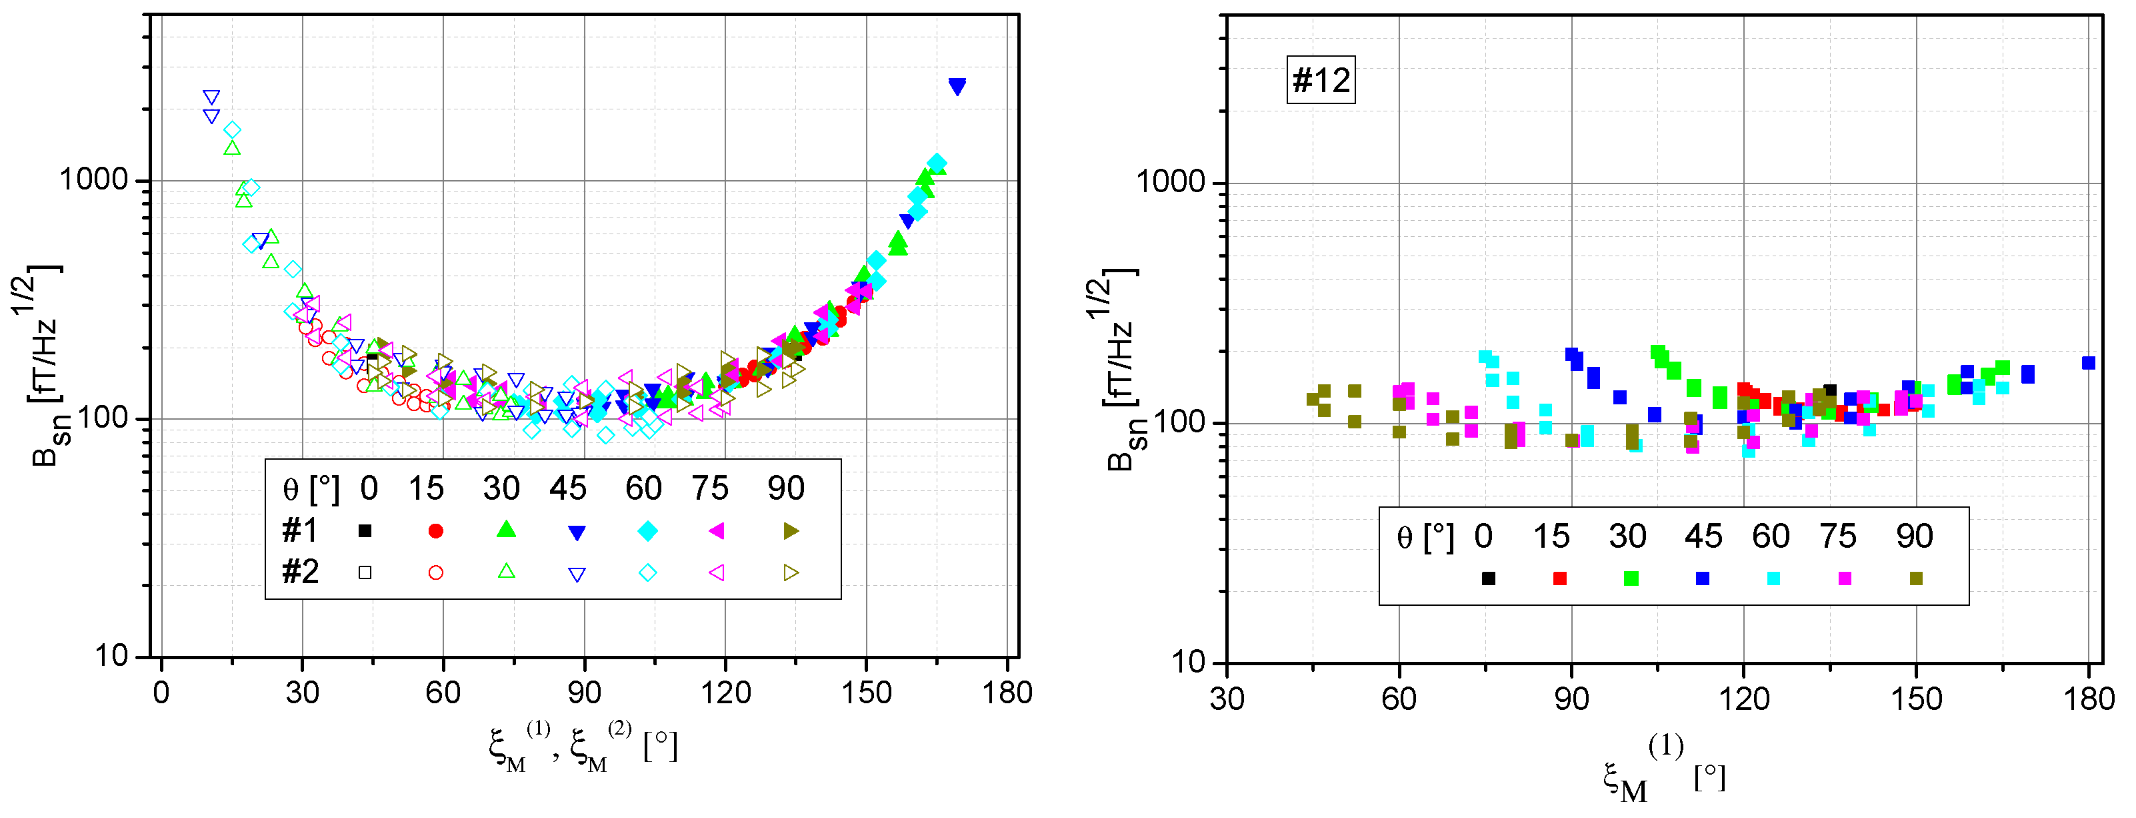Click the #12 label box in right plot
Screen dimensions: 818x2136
pos(1320,79)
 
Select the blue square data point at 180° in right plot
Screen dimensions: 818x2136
pos(2088,362)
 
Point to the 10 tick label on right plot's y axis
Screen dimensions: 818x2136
pos(1188,662)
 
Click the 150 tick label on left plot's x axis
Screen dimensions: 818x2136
pos(866,692)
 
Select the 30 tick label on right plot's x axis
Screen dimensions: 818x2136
pos(1227,699)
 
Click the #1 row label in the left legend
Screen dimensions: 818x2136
pos(299,530)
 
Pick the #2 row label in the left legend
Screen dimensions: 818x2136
pos(299,572)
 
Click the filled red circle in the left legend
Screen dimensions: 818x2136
pos(435,531)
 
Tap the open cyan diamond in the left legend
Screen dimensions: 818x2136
pos(647,572)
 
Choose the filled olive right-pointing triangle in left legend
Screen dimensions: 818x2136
pos(791,531)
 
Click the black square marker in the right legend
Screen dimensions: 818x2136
pos(1489,578)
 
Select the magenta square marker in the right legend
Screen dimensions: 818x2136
pos(1844,578)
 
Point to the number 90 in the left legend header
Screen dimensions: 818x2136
pos(785,488)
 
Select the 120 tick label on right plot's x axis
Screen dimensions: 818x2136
pos(1744,699)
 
